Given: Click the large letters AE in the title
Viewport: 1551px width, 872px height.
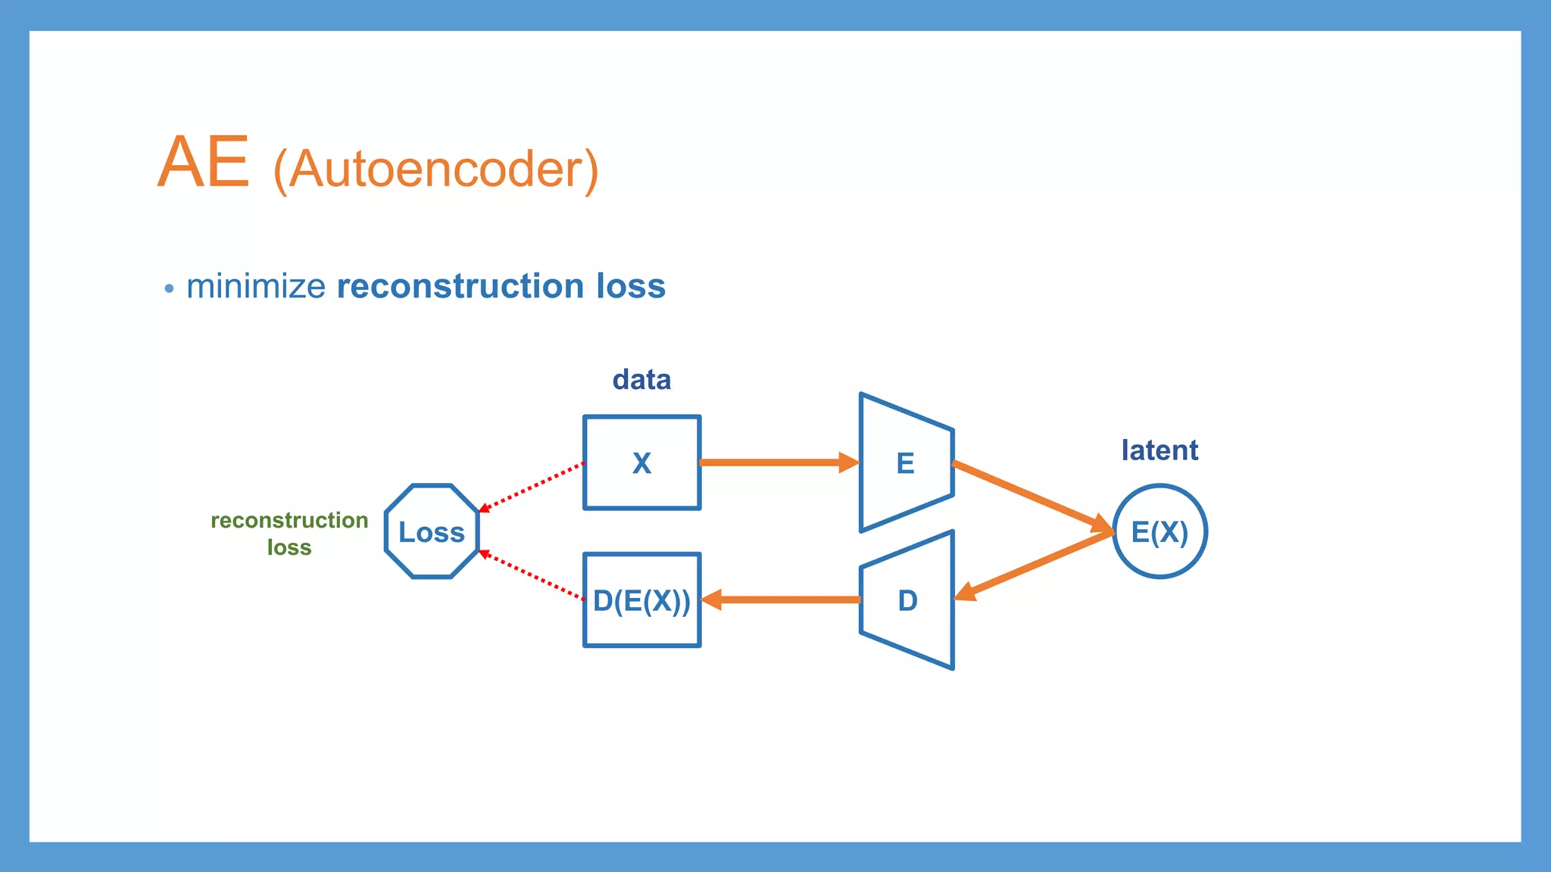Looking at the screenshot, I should pos(203,162).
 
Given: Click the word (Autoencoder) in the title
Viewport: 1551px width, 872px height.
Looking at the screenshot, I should pos(435,170).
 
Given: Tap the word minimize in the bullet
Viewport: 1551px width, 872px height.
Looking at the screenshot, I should pos(256,287).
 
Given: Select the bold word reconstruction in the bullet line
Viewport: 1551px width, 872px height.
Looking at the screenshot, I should pos(460,287).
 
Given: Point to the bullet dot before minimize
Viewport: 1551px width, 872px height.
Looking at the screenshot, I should pos(169,288).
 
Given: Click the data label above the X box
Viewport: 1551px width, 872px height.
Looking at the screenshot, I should pos(641,379).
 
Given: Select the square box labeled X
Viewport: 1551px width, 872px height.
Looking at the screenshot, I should pos(641,462).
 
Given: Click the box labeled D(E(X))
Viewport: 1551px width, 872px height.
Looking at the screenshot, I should pos(641,600).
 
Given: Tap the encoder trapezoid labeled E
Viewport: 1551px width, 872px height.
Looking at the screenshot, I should pos(906,462).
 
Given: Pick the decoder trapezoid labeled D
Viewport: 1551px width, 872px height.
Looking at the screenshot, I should pos(907,600).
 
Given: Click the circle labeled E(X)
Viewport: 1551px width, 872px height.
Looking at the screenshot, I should pos(1159,531).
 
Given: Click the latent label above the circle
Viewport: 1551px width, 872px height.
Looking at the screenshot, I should pos(1159,450).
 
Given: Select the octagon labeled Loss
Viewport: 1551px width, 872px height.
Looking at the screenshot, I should pos(432,531).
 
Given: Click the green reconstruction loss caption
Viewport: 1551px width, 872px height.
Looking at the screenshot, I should pos(289,533).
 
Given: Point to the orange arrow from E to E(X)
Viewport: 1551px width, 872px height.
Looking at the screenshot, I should pos(1030,495).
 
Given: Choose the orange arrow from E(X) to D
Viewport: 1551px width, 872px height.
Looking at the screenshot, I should pos(1034,565).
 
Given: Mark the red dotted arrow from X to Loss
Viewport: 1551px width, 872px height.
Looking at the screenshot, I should pos(532,487).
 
